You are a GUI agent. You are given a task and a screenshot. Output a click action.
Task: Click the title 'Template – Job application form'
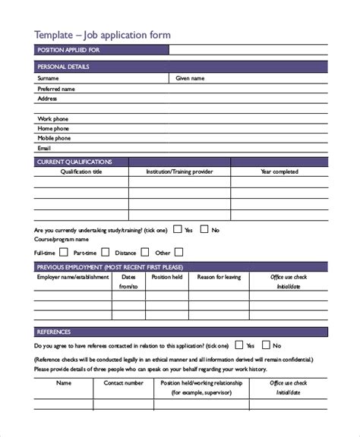[x=103, y=34]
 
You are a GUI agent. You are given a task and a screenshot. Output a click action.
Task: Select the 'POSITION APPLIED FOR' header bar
[x=68, y=50]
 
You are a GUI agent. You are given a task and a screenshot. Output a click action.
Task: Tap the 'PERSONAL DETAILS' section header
[x=63, y=67]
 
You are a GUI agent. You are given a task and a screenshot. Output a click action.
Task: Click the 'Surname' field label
[x=48, y=78]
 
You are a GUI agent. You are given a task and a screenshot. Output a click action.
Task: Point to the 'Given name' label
[x=189, y=78]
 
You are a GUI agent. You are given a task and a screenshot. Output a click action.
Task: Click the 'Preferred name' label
[x=56, y=89]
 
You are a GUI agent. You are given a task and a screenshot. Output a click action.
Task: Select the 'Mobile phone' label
[x=54, y=138]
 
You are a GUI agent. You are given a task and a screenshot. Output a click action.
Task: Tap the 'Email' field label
[x=45, y=149]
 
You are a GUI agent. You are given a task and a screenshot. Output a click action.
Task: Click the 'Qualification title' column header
[x=81, y=172]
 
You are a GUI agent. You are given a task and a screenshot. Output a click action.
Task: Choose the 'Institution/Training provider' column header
[x=180, y=172]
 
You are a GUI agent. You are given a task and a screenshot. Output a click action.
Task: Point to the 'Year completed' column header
[x=279, y=172]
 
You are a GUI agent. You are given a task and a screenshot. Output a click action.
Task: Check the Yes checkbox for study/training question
[x=177, y=228]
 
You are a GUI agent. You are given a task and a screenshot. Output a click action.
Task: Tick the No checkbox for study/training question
[x=204, y=228]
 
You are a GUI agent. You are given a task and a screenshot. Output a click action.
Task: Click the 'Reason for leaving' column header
[x=219, y=278]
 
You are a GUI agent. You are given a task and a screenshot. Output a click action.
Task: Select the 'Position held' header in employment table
[x=167, y=278]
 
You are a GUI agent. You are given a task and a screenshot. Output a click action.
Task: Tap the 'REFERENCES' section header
[x=54, y=332]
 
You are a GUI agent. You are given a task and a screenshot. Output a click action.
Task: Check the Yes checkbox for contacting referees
[x=239, y=344]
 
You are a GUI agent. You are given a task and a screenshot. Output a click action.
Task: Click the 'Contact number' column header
[x=123, y=383]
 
